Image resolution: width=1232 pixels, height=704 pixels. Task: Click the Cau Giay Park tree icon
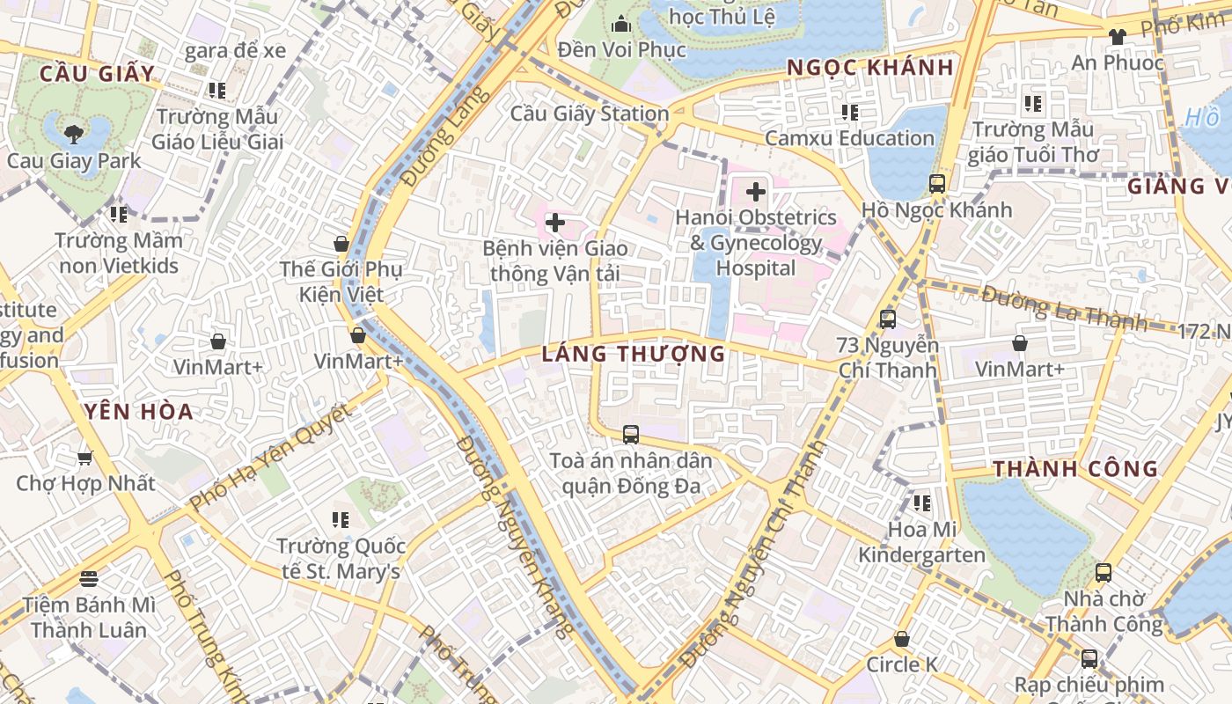pyautogui.click(x=73, y=135)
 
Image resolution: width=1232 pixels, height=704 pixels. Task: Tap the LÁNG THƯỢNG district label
pyautogui.click(x=634, y=354)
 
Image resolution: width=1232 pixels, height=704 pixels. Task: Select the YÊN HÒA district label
pyautogui.click(x=139, y=411)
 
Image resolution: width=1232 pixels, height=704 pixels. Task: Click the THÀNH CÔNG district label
pyautogui.click(x=1075, y=468)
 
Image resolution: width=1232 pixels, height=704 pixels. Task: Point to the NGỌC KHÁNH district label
pyautogui.click(x=870, y=68)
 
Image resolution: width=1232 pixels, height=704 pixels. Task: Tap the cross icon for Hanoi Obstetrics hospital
pyautogui.click(x=755, y=191)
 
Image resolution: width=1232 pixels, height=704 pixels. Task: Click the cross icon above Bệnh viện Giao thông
pyautogui.click(x=555, y=223)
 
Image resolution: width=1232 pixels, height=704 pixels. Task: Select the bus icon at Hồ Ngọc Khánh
pyautogui.click(x=937, y=184)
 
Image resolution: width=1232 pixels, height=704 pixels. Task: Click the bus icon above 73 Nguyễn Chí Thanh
pyautogui.click(x=887, y=319)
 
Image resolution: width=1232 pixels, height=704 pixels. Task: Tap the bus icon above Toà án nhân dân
pyautogui.click(x=631, y=434)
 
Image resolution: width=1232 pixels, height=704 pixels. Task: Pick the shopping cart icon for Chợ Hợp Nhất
pyautogui.click(x=85, y=458)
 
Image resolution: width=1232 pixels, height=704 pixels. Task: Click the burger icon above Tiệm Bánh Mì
pyautogui.click(x=88, y=578)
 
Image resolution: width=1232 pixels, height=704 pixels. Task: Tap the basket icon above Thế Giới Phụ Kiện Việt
pyautogui.click(x=341, y=244)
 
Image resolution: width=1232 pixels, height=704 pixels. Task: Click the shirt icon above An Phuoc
pyautogui.click(x=1117, y=36)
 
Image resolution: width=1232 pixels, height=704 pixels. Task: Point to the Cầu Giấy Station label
pyautogui.click(x=590, y=114)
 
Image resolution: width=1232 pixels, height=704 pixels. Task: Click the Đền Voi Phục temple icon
pyautogui.click(x=621, y=23)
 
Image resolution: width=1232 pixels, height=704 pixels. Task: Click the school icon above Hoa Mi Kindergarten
pyautogui.click(x=921, y=503)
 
